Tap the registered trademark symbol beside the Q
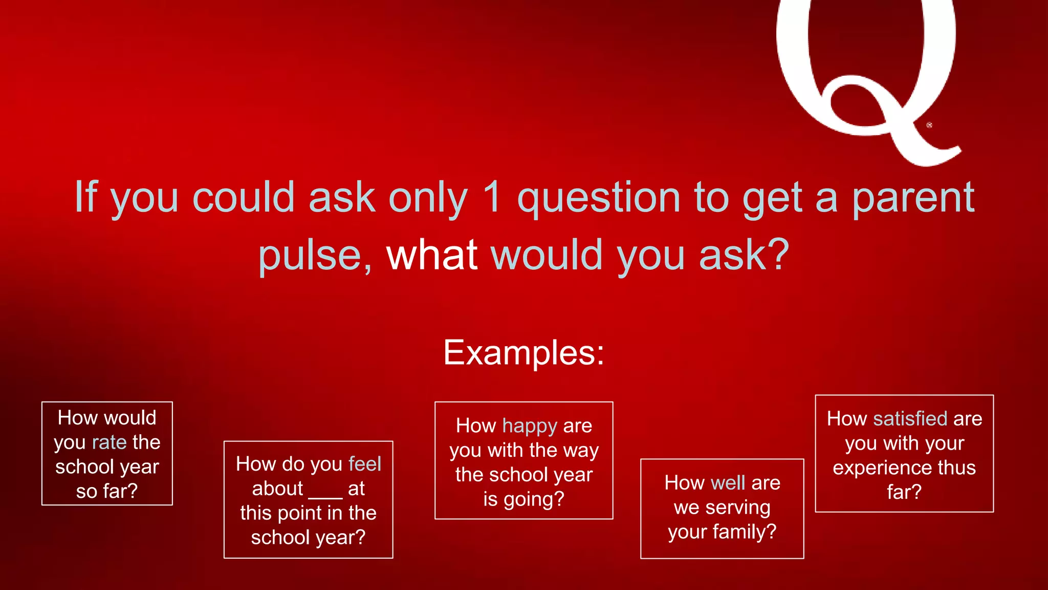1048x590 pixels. point(929,125)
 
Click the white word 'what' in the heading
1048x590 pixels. point(432,255)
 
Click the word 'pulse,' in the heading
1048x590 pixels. point(315,256)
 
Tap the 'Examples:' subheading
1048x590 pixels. point(523,352)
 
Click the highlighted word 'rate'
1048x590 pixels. point(109,442)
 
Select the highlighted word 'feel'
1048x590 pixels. point(364,464)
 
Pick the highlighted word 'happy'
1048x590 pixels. point(530,426)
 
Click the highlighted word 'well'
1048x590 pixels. point(728,483)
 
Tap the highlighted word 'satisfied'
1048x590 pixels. point(910,419)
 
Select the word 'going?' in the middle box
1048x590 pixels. point(534,499)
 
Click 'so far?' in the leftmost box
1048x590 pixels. point(106,492)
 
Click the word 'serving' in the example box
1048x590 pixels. point(737,508)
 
